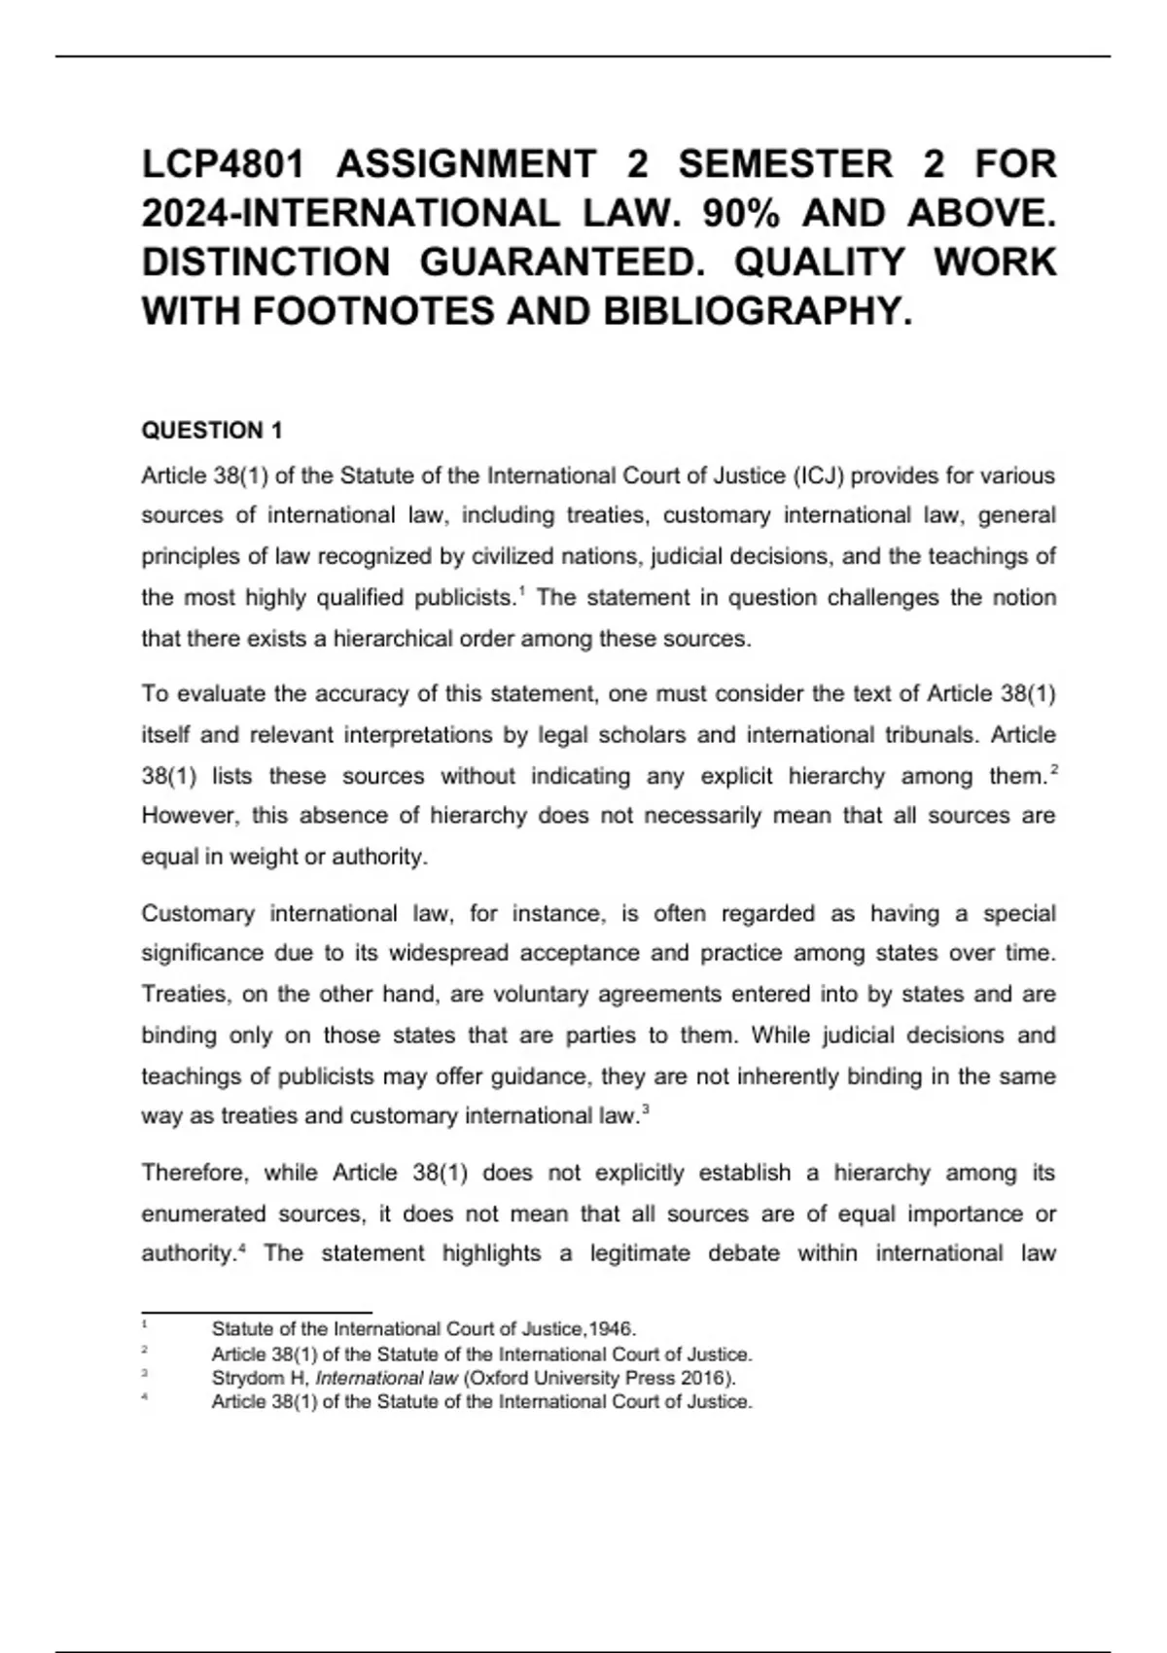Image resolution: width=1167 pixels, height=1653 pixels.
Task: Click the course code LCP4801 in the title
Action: [224, 164]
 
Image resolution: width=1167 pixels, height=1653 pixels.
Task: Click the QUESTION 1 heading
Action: [212, 431]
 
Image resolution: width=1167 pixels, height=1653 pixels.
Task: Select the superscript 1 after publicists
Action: [522, 591]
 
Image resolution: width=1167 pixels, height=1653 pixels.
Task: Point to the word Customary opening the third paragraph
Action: [197, 914]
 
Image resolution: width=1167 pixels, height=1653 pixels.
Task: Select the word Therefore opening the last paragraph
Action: [194, 1174]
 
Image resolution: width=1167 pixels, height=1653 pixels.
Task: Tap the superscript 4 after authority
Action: [242, 1248]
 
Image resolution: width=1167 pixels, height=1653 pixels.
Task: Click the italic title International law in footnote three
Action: [386, 1378]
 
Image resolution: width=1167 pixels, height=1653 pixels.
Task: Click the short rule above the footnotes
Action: [257, 1313]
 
